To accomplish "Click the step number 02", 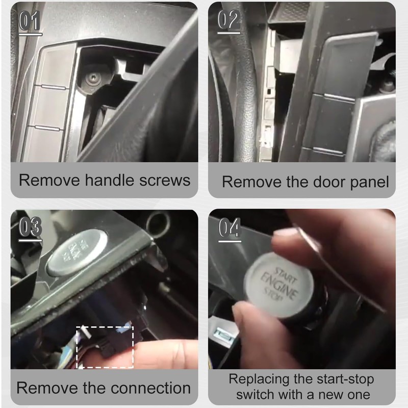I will coord(229,21).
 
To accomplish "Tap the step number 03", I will coord(30,228).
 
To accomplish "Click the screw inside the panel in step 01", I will coord(92,79).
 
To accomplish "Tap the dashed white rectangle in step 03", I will coord(105,347).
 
